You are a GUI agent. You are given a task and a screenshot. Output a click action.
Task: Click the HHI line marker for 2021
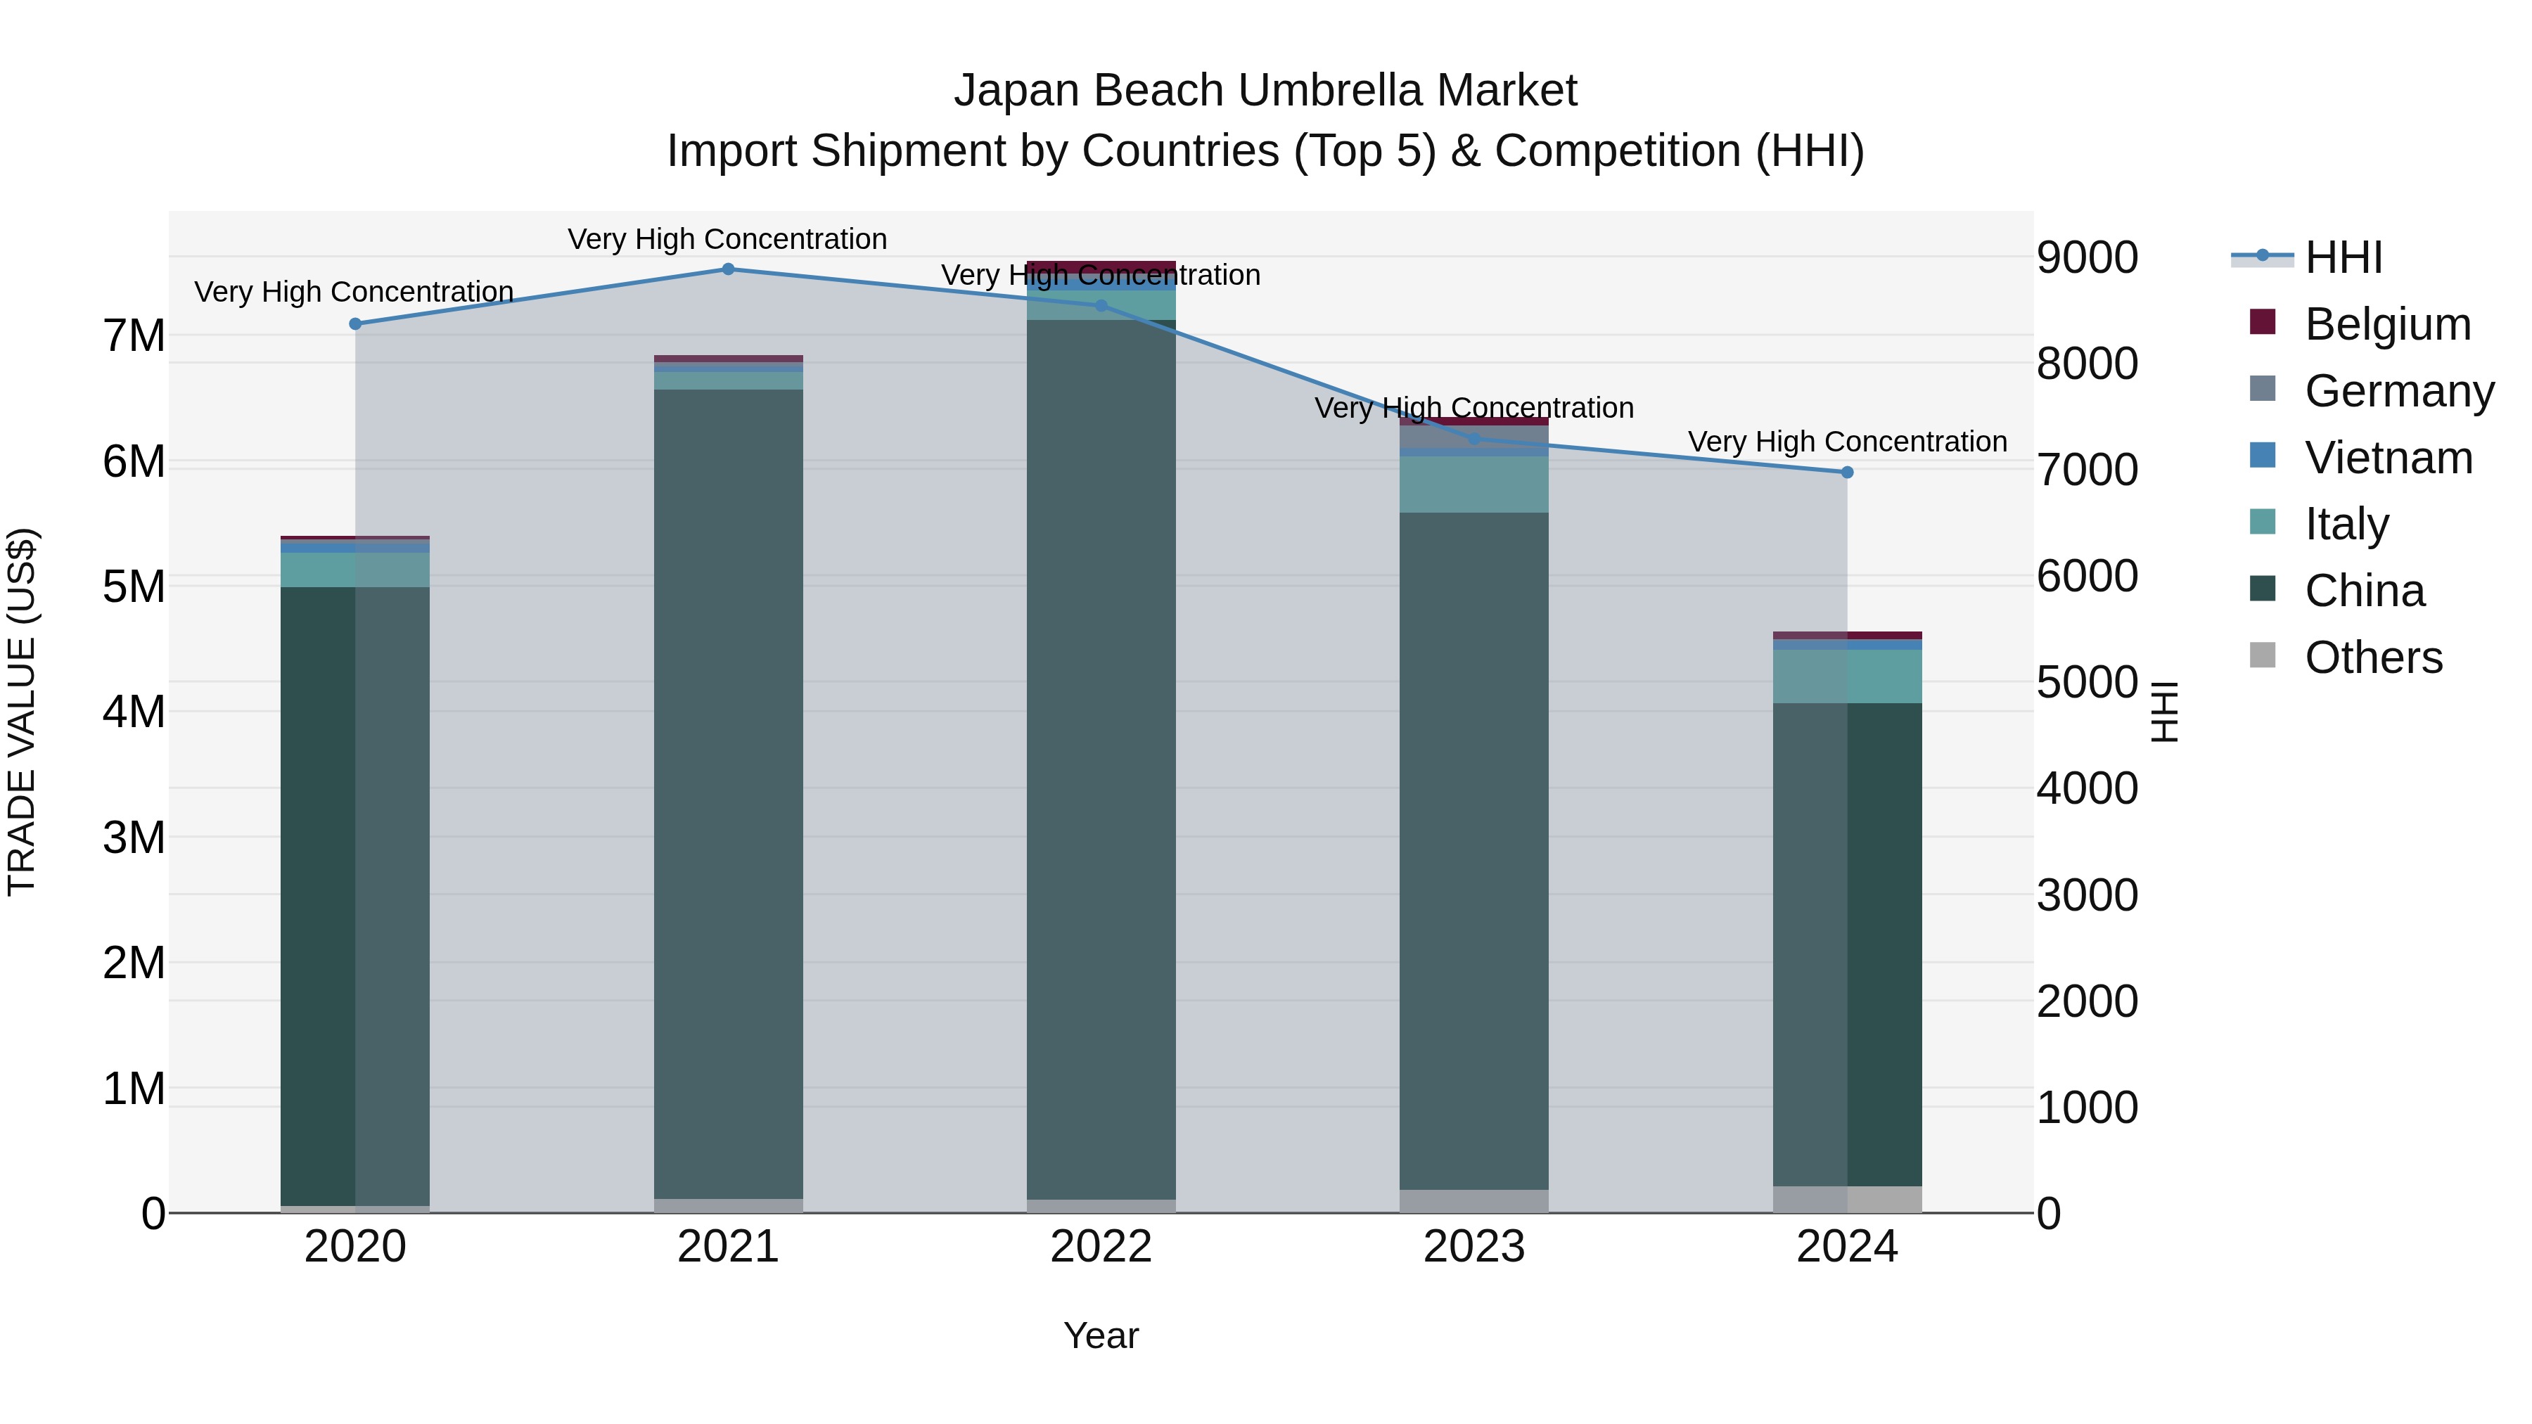pyautogui.click(x=729, y=269)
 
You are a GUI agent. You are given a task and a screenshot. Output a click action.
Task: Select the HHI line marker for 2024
pyautogui.click(x=1847, y=473)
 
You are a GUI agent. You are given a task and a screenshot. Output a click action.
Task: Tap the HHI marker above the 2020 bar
pyautogui.click(x=356, y=324)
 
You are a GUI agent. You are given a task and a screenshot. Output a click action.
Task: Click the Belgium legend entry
pyautogui.click(x=2386, y=324)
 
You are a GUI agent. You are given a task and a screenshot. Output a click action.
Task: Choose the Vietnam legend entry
pyautogui.click(x=2388, y=458)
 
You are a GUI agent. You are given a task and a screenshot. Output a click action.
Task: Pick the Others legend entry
pyautogui.click(x=2373, y=658)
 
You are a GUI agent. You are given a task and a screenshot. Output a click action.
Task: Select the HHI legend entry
pyautogui.click(x=2344, y=257)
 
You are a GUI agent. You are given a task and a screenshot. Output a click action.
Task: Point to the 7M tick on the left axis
pyautogui.click(x=134, y=336)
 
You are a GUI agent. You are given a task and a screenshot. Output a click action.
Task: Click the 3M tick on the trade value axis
pyautogui.click(x=134, y=838)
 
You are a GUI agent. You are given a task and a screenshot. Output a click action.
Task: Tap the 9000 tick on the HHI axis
pyautogui.click(x=2087, y=257)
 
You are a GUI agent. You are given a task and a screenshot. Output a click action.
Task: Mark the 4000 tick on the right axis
pyautogui.click(x=2087, y=789)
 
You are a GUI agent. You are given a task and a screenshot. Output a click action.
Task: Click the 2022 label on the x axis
pyautogui.click(x=1101, y=1247)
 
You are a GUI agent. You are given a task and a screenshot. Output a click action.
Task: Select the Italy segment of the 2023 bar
pyautogui.click(x=1473, y=485)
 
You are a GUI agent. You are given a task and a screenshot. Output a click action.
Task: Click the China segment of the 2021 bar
pyautogui.click(x=729, y=786)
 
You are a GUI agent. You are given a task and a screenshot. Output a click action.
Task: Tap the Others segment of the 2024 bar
pyautogui.click(x=1847, y=1199)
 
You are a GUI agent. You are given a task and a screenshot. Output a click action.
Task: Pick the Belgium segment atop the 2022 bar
pyautogui.click(x=1101, y=264)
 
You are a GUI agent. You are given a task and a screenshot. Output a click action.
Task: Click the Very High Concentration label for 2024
pyautogui.click(x=1847, y=442)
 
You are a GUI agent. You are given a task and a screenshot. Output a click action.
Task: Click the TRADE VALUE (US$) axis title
pyautogui.click(x=22, y=712)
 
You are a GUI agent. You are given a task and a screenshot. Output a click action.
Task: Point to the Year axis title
pyautogui.click(x=1101, y=1337)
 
